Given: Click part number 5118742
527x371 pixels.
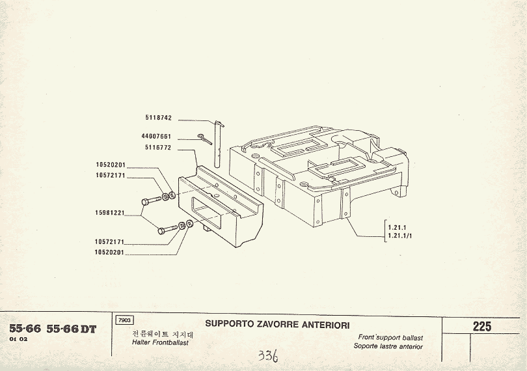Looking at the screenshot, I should click(158, 119).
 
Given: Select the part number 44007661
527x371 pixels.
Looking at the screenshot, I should click(156, 137).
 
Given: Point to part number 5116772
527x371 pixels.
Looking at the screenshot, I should click(158, 148).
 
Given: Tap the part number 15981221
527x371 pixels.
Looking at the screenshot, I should click(109, 213).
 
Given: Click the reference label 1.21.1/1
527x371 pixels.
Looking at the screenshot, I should click(399, 235).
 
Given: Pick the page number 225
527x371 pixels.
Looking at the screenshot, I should click(482, 327).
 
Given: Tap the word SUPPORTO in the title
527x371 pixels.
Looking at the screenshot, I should click(226, 324).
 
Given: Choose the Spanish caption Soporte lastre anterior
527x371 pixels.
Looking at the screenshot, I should click(388, 346).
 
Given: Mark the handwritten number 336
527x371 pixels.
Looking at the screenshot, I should click(267, 356).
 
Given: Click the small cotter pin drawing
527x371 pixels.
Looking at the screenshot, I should click(205, 139).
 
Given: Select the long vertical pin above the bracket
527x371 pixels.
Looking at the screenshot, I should click(220, 146).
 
